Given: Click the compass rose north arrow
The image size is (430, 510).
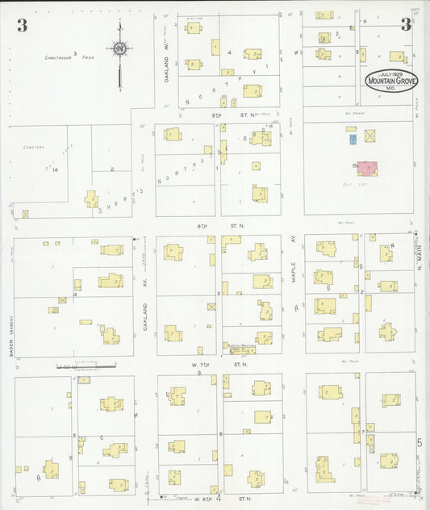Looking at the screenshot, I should click(x=119, y=50).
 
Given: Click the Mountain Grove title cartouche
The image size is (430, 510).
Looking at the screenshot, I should click(x=391, y=80).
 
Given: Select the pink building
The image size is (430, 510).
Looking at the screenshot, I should click(x=367, y=168).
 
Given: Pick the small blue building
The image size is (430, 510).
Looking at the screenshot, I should click(x=353, y=140).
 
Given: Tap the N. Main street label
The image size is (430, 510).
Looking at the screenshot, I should click(x=420, y=262).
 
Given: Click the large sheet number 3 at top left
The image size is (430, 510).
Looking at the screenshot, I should click(x=22, y=26).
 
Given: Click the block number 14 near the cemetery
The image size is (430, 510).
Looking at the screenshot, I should click(x=55, y=169).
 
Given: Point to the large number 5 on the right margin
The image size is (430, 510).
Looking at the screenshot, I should click(x=420, y=442).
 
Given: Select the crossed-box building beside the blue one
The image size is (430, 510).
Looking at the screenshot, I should click(x=370, y=136).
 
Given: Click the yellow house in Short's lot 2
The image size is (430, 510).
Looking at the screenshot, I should click(x=91, y=199).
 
